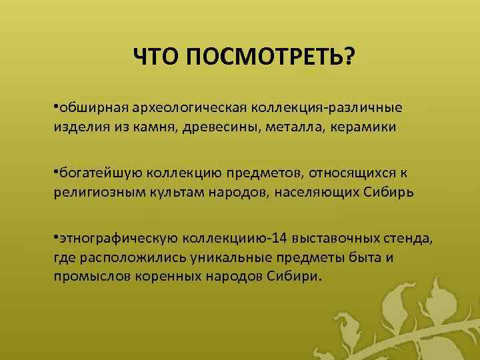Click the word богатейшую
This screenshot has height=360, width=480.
(97, 173)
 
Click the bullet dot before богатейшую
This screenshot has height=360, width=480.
(56, 173)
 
